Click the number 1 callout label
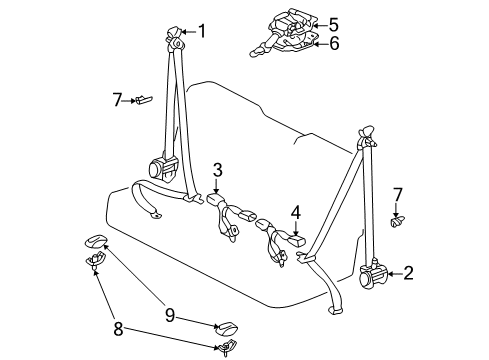tap(202, 31)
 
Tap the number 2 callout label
tap(409, 272)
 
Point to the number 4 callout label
tap(296, 211)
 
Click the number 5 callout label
tap(333, 24)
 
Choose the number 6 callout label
tap(334, 42)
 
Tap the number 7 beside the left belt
tap(117, 98)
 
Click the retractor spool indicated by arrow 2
tap(376, 272)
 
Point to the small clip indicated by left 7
tap(143, 99)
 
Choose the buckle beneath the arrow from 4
tap(295, 241)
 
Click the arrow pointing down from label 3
tap(216, 184)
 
